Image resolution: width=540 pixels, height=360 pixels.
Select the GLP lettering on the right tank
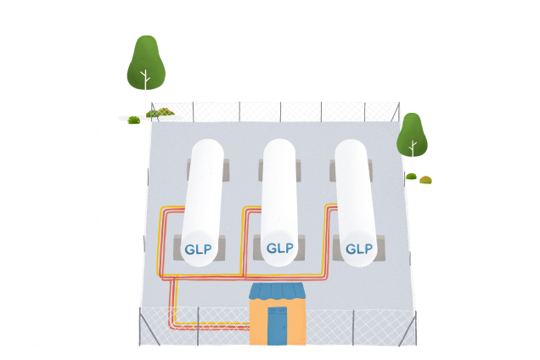coord(359,249)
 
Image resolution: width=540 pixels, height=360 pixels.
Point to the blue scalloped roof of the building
coord(277,292)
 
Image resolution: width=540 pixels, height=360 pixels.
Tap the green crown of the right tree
coord(412,132)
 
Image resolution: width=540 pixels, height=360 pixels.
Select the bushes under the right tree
coord(419,179)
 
